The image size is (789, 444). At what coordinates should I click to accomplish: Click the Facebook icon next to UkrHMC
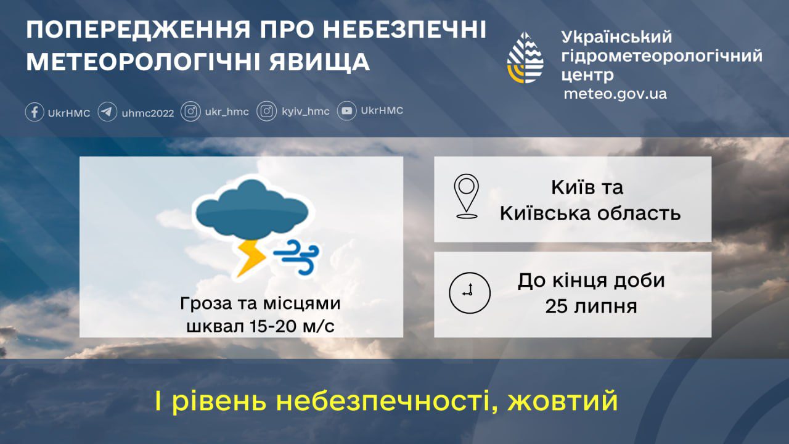pyautogui.click(x=35, y=112)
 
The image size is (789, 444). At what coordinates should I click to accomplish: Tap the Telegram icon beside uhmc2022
pyautogui.click(x=107, y=112)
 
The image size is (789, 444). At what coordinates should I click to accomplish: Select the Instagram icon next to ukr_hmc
pyautogui.click(x=191, y=112)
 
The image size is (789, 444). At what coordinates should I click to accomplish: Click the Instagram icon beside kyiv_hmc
pyautogui.click(x=267, y=112)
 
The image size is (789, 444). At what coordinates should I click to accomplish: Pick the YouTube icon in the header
pyautogui.click(x=347, y=112)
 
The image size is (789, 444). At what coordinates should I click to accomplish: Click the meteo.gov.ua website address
pyautogui.click(x=615, y=94)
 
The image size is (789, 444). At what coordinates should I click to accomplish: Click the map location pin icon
pyautogui.click(x=467, y=197)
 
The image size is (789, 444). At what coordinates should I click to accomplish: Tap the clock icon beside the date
pyautogui.click(x=470, y=293)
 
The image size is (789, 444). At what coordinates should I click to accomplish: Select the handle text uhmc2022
pyautogui.click(x=148, y=113)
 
